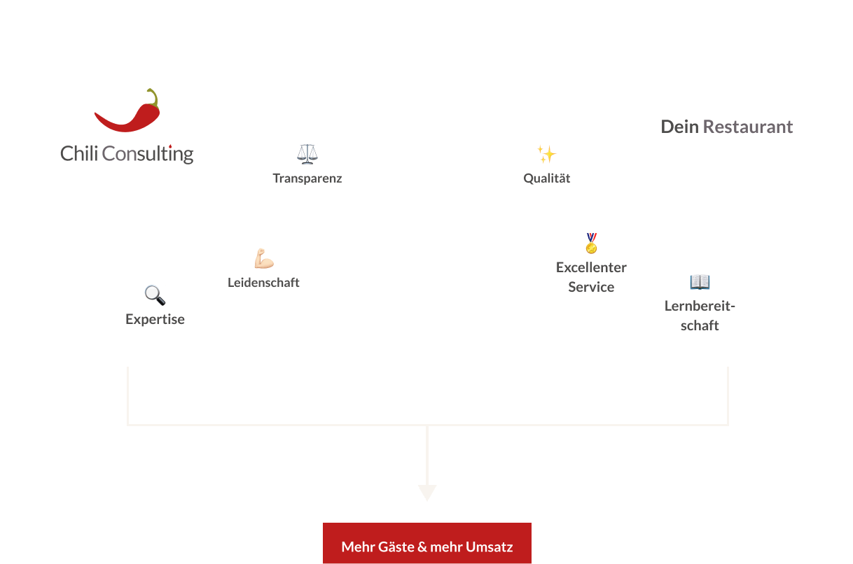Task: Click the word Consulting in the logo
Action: coord(148,153)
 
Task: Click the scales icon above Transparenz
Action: coord(306,154)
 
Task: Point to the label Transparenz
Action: coord(307,178)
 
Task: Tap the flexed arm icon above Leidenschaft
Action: coord(263,259)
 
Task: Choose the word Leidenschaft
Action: coord(263,283)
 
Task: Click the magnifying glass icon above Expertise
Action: coord(155,295)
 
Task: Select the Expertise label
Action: coord(155,319)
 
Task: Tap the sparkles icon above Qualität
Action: coord(546,154)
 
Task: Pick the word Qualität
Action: coord(547,178)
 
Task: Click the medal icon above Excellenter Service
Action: coord(592,244)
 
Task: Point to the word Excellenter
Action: coord(591,267)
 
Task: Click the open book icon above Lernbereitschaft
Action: coord(700,282)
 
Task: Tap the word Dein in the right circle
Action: coord(679,127)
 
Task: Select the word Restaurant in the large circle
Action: coord(748,127)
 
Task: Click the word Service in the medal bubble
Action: coord(591,287)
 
